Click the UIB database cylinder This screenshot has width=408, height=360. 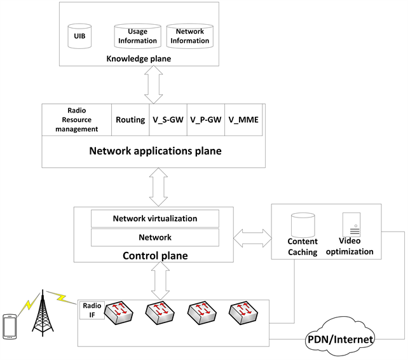tap(80, 36)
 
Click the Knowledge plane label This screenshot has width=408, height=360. tap(138, 59)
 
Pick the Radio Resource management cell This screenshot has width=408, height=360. tap(76, 120)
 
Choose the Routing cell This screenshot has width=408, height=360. tap(130, 120)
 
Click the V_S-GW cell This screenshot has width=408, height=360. tap(168, 120)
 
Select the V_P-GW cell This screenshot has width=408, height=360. tap(207, 120)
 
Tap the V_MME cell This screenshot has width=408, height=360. tap(245, 120)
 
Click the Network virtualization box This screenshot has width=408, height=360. tap(155, 218)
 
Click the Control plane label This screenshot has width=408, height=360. tap(154, 255)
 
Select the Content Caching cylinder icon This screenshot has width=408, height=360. tap(303, 224)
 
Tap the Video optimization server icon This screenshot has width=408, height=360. tap(352, 225)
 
